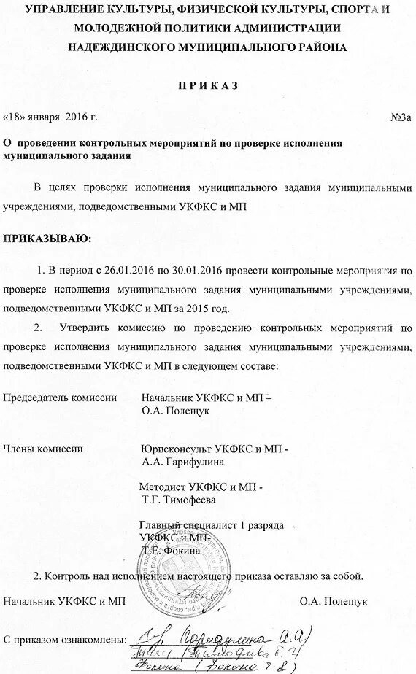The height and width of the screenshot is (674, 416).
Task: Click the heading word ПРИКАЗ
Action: click(x=209, y=86)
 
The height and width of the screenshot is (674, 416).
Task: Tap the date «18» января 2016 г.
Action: click(x=50, y=117)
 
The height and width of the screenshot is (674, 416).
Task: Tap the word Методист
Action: click(x=163, y=487)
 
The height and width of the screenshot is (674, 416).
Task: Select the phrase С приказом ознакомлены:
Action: click(x=63, y=640)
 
